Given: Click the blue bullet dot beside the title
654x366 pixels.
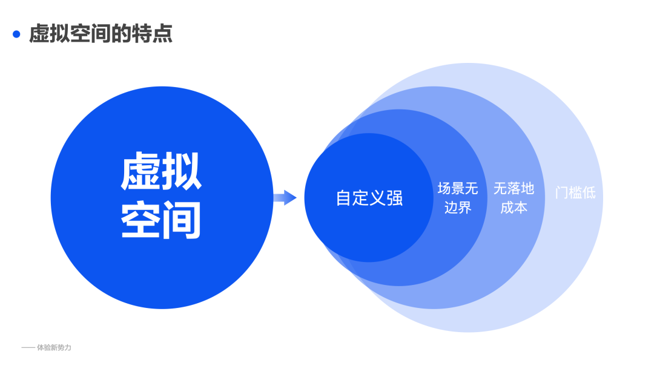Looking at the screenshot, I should (16, 34).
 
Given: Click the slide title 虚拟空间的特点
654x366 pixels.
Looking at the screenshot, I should (101, 34).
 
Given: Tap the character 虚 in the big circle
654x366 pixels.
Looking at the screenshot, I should (142, 171).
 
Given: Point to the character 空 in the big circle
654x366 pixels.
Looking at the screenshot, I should (142, 221).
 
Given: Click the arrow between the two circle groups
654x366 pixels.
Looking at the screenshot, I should (285, 197).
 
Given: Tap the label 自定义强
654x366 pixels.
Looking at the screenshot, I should (369, 198).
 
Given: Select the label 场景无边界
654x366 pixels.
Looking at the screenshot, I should (458, 198).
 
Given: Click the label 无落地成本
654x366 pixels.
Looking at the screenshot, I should (514, 198).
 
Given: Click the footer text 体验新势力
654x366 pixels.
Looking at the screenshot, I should (54, 348).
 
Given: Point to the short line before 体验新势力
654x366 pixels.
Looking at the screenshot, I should (28, 348).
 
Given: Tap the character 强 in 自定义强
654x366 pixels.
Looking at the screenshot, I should (395, 198).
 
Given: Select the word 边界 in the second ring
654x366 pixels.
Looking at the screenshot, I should (458, 208).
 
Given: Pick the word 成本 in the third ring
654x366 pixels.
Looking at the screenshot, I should (514, 208).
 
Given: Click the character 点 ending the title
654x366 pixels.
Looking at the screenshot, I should (163, 34).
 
